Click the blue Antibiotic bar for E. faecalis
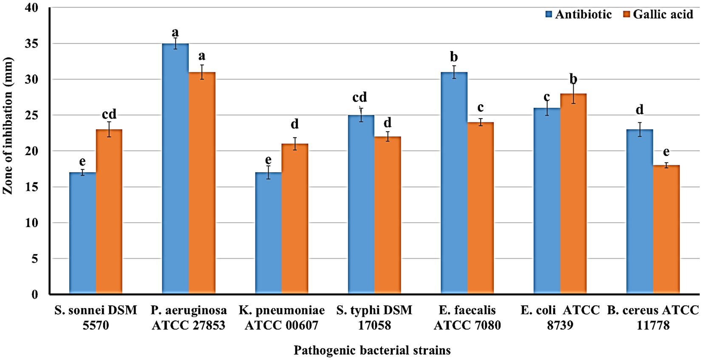click(x=454, y=183)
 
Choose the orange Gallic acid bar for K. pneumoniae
click(x=295, y=219)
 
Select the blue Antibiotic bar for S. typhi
click(x=361, y=204)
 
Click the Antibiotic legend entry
click(x=578, y=14)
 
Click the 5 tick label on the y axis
click(x=34, y=258)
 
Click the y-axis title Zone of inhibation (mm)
click(x=8, y=126)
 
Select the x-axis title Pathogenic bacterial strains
click(x=372, y=351)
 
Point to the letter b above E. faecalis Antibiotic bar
click(x=453, y=57)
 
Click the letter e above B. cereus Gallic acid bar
click(x=666, y=152)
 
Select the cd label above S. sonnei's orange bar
click(x=109, y=114)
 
